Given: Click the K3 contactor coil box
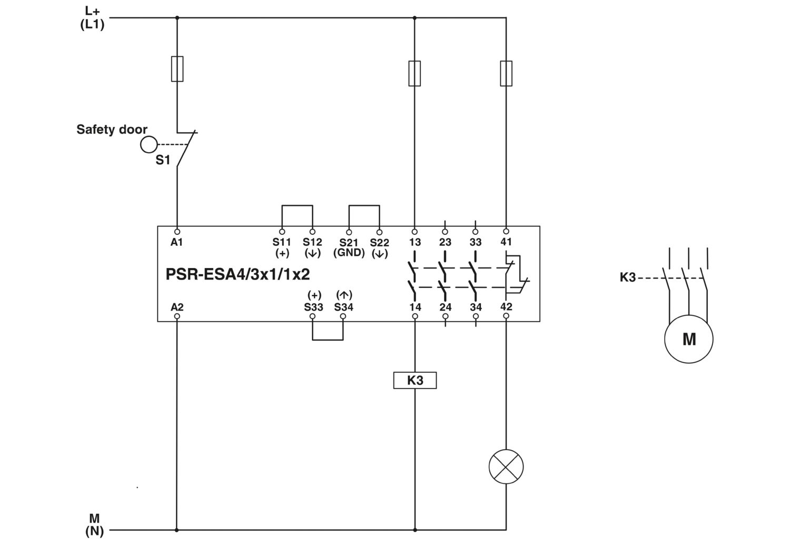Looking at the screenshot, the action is (415, 380).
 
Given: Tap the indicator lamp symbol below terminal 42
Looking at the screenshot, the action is (506, 466).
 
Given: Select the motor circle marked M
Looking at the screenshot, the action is (689, 339).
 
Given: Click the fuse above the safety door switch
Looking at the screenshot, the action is (177, 69).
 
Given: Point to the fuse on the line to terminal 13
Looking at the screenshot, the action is (414, 73).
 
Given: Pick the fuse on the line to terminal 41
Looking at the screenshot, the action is (506, 73).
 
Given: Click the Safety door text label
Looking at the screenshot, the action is (112, 130).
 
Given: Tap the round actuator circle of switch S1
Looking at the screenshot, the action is (149, 144).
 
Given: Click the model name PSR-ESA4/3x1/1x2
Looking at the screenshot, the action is (238, 274).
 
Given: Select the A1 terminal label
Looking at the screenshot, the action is (176, 242).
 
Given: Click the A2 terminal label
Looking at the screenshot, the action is (177, 307).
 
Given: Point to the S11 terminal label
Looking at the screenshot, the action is (281, 242).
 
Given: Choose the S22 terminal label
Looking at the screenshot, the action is (380, 243).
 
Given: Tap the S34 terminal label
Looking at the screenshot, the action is (344, 307).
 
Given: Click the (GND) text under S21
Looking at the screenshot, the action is (349, 253).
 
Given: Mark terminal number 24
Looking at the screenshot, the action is (446, 307).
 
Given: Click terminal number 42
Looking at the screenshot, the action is (507, 306).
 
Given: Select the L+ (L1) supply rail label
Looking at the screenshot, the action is (92, 18).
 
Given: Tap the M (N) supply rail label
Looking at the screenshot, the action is (94, 524).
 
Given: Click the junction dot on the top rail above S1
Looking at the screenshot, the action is (177, 17).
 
